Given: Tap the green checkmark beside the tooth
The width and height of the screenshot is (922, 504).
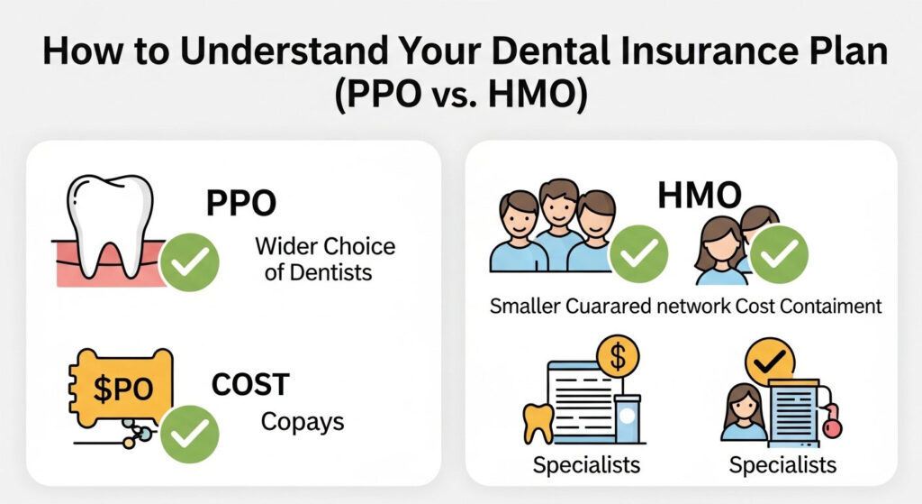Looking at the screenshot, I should pos(190,261).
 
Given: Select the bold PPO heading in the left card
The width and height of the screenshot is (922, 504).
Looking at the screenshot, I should pos(241,203).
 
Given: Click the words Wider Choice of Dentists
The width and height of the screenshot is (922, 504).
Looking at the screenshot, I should pos(325,258).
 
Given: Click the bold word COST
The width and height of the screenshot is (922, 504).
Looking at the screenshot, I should pos(249,385).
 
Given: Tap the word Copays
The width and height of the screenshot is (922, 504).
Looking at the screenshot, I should pos(302,422).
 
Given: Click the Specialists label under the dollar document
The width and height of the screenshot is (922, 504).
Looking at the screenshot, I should pos(586,465).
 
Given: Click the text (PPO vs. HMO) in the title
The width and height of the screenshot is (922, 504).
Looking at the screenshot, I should pos(460,95).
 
